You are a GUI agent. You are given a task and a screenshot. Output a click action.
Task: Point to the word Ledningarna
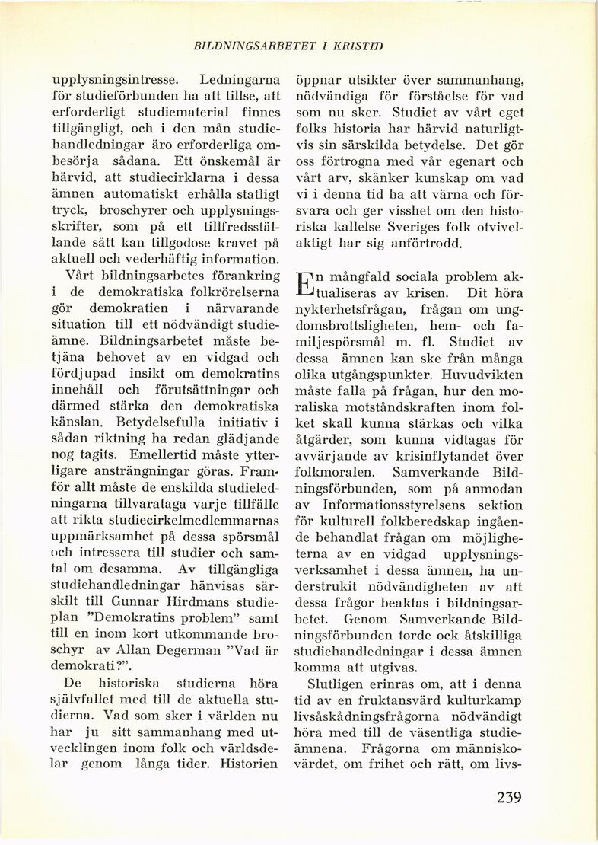[240, 79]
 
